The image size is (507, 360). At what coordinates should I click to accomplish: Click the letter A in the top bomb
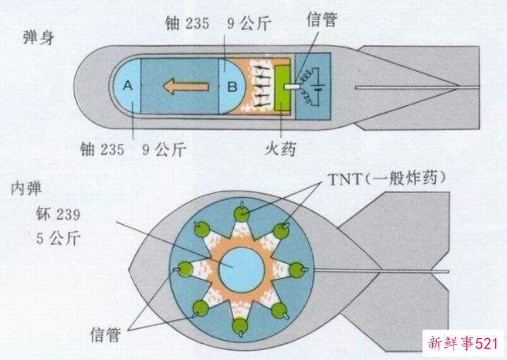click(x=128, y=86)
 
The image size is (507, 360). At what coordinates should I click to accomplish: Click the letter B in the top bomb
click(x=232, y=86)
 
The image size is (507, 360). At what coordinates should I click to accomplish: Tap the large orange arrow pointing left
click(x=186, y=86)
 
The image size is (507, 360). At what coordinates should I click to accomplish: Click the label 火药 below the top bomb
click(x=280, y=149)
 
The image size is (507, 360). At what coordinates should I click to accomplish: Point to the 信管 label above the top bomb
click(x=322, y=20)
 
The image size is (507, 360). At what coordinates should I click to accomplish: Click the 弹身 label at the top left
click(x=39, y=37)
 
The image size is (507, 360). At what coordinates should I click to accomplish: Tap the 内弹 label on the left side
click(x=26, y=188)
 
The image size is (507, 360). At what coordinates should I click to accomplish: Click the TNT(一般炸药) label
click(x=387, y=178)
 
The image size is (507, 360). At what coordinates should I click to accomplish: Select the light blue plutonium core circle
click(x=242, y=270)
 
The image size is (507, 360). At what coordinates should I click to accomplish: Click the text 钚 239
click(x=58, y=214)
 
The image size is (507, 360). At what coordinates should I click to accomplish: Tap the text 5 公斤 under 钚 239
click(x=58, y=238)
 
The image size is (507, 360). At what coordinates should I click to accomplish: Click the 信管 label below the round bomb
click(x=105, y=334)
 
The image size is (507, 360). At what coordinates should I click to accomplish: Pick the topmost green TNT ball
click(x=241, y=213)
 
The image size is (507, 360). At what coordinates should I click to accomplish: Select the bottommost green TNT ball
click(x=241, y=326)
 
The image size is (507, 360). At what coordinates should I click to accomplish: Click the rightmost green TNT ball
click(x=297, y=270)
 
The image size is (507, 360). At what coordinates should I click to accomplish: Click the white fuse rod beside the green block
click(x=292, y=87)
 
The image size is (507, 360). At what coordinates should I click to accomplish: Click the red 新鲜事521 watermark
click(x=463, y=343)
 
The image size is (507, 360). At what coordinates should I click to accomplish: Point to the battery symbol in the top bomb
click(x=318, y=87)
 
